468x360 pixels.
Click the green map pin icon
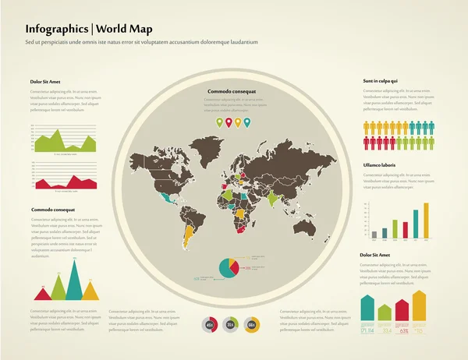coord(219,122)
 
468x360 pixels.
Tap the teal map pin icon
coord(247,122)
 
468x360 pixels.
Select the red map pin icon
coord(229,122)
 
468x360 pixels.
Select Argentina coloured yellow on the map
coord(188,235)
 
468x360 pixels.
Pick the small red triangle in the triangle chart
coord(42,294)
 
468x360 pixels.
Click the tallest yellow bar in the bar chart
coord(426,221)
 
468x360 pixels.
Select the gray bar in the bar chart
coord(374,234)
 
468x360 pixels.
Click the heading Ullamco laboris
coord(381,165)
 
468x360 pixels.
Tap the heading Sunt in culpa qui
coord(381,81)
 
